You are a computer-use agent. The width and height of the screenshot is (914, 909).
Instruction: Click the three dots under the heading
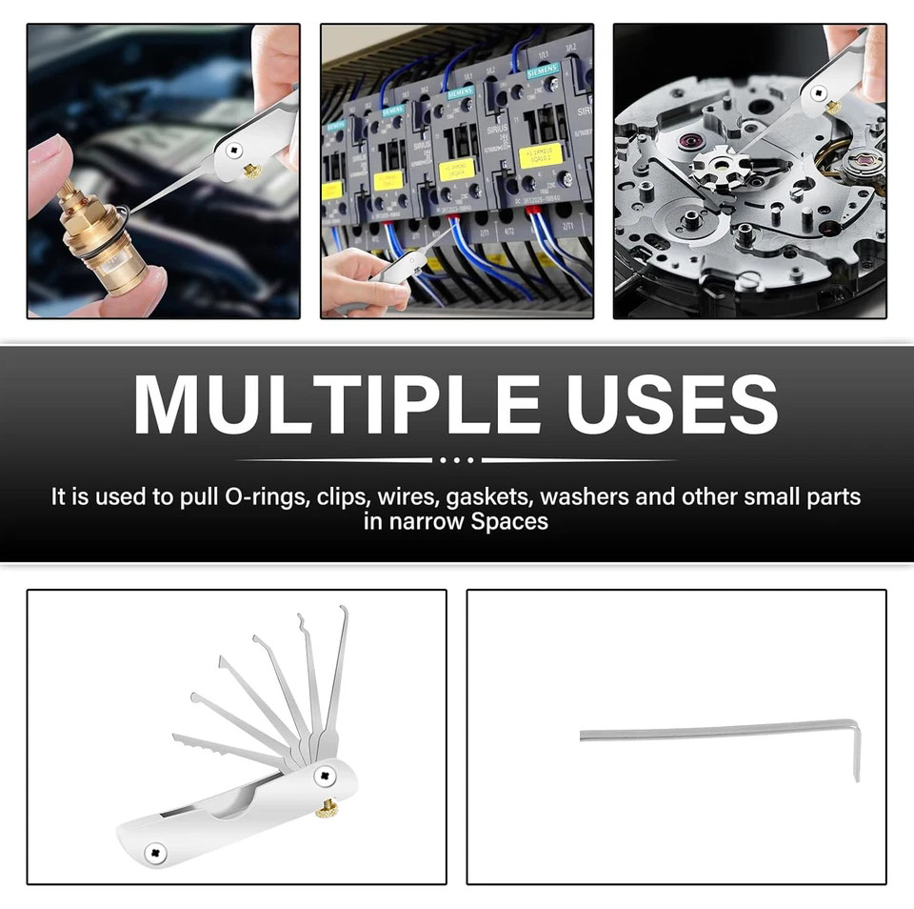pyautogui.click(x=457, y=459)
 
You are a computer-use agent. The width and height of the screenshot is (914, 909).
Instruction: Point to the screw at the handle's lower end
pyautogui.click(x=153, y=849)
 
